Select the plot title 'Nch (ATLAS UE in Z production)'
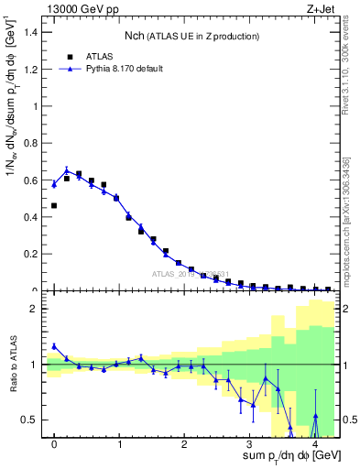(192, 36)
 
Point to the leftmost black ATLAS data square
(55, 205)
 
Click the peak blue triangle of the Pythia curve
(67, 169)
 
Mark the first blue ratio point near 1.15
(55, 346)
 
